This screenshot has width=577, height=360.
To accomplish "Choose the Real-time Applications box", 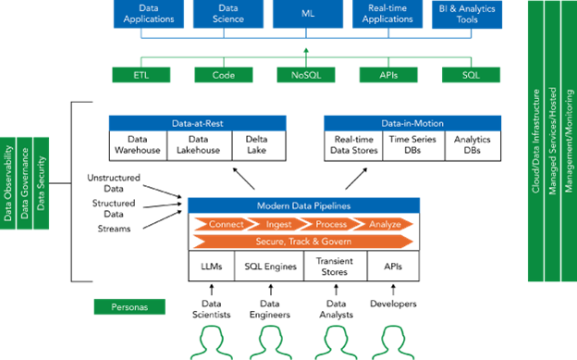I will coord(387,13).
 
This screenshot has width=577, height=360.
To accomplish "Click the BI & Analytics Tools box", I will coord(469,13).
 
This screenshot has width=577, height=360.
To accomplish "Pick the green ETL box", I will coord(139,74).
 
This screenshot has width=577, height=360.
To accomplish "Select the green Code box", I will coord(223,74).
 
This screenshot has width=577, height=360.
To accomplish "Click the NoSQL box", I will coord(305,74).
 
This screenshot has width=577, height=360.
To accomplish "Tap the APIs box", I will coord(387,74).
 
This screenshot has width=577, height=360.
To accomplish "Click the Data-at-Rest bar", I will coord(197,123).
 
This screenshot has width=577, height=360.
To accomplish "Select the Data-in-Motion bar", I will coord(412,123).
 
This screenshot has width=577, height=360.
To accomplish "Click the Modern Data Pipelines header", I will coord(303,205).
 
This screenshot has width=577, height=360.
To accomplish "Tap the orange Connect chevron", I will coord(225,224).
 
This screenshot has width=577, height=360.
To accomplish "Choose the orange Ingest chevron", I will coord(278,224).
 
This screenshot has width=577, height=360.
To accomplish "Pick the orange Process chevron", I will coord(330,224).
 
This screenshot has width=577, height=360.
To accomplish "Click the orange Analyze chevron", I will coord(384,224).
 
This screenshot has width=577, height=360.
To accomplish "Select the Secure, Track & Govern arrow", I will coord(303,241).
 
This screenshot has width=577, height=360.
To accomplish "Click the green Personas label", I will coord(129,306).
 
